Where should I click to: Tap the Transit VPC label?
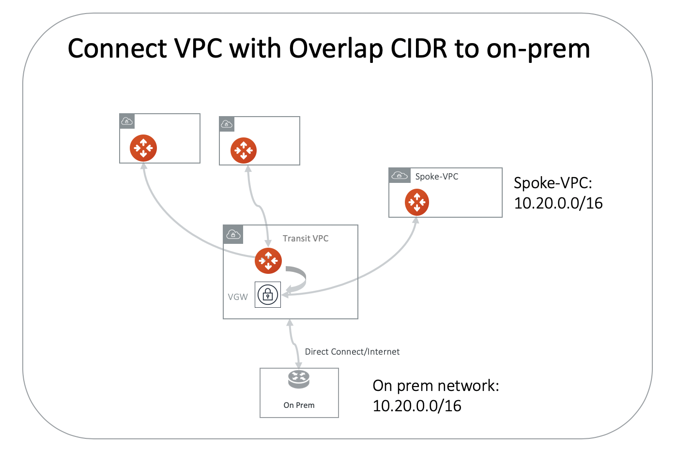pyautogui.click(x=305, y=239)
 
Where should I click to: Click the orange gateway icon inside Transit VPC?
pyautogui.click(x=268, y=261)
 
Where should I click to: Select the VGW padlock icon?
pyautogui.click(x=268, y=295)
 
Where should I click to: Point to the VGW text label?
pyautogui.click(x=238, y=297)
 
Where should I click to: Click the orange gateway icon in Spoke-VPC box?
pyautogui.click(x=416, y=202)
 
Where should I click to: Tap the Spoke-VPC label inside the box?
pyautogui.click(x=436, y=177)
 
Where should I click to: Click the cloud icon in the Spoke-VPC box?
pyautogui.click(x=400, y=175)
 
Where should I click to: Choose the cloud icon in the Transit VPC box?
pyautogui.click(x=233, y=235)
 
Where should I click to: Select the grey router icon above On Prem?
pyautogui.click(x=298, y=379)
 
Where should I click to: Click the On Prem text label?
pyautogui.click(x=299, y=405)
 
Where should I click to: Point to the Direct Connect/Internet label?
pyautogui.click(x=352, y=352)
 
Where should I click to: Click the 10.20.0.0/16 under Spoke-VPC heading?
pyautogui.click(x=558, y=203)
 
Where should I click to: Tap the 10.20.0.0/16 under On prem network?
pyautogui.click(x=416, y=405)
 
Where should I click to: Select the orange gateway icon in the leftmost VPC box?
pyautogui.click(x=143, y=148)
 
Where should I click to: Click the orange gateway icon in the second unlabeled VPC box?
pyautogui.click(x=243, y=150)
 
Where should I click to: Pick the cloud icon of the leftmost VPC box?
pyautogui.click(x=127, y=121)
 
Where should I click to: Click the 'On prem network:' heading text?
pyautogui.click(x=435, y=386)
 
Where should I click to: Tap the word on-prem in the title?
pyautogui.click(x=538, y=49)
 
